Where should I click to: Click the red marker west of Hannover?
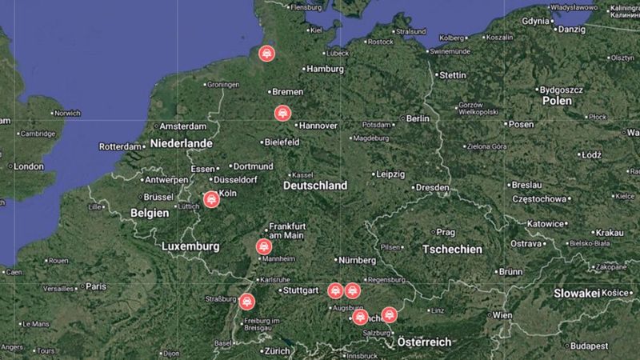pyautogui.click(x=282, y=113)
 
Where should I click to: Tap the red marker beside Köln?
pyautogui.click(x=211, y=199)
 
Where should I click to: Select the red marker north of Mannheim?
pyautogui.click(x=263, y=247)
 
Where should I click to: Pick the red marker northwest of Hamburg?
pyautogui.click(x=266, y=54)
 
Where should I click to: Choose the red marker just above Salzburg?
pyautogui.click(x=389, y=314)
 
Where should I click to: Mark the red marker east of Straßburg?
pyautogui.click(x=246, y=302)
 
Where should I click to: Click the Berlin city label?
pyautogui.click(x=418, y=118)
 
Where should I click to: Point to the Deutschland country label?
pyautogui.click(x=315, y=186)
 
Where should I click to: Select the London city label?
pyautogui.click(x=28, y=166)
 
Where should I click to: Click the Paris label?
pyautogui.click(x=96, y=286)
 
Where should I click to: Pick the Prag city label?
pyautogui.click(x=445, y=232)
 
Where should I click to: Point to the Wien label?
pyautogui.click(x=502, y=315)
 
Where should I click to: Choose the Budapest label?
pyautogui.click(x=590, y=346)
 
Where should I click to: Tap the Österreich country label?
pyautogui.click(x=424, y=342)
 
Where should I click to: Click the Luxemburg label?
pyautogui.click(x=190, y=246)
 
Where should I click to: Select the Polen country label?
pyautogui.click(x=556, y=102)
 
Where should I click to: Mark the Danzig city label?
pyautogui.click(x=571, y=29)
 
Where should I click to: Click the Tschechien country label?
pyautogui.click(x=452, y=250)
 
